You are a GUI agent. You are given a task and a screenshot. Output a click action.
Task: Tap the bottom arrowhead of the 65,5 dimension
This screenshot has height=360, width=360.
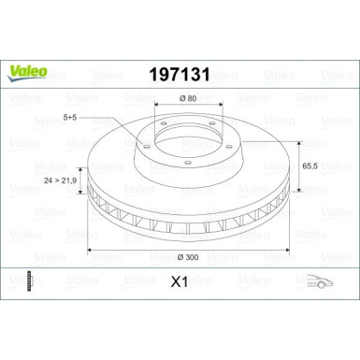pos(299,204)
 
